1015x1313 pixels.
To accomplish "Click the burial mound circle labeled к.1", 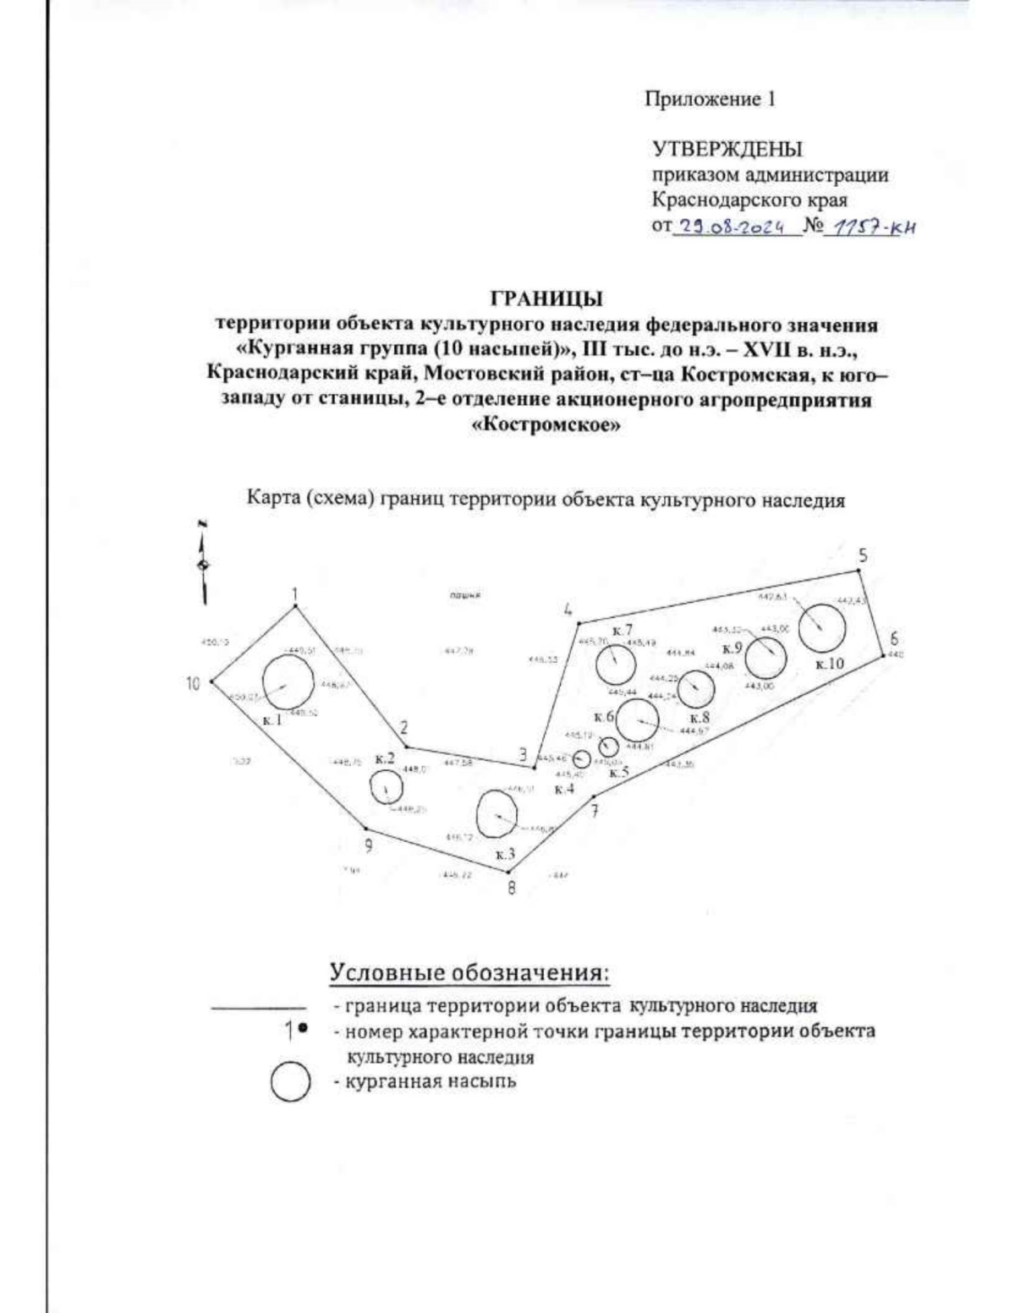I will click(287, 682).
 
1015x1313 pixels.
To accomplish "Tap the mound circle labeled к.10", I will click(822, 628).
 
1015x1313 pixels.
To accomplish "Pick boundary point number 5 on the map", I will click(859, 571).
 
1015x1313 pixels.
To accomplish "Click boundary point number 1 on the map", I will click(294, 606).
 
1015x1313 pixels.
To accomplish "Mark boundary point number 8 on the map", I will click(507, 872).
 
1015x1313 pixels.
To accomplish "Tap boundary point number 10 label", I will click(194, 684).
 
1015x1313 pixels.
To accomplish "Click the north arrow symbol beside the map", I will click(203, 562).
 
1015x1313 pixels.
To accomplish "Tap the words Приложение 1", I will click(710, 99).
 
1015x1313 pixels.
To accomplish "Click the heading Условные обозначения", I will click(469, 972).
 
